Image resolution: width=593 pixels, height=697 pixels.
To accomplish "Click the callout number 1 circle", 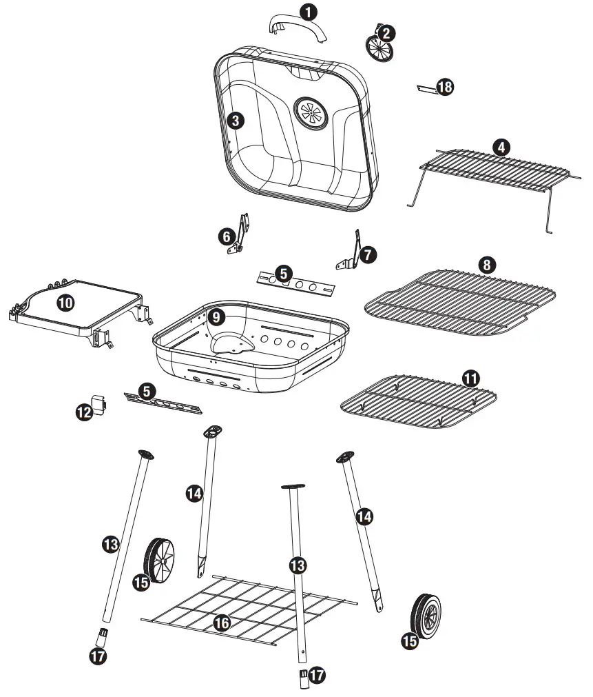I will click(311, 12).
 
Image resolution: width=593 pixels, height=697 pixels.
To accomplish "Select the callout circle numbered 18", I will click(446, 88).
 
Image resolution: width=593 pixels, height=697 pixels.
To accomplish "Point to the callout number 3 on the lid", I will click(236, 121).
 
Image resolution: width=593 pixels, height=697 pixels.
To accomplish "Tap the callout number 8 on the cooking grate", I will click(487, 264).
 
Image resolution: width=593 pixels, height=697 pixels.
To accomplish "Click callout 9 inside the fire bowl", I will click(216, 317).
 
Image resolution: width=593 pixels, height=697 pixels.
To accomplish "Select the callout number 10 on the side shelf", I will click(66, 302).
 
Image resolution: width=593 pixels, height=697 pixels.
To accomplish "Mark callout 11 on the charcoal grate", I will click(470, 378).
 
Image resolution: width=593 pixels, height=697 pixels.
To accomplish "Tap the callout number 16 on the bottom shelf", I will click(222, 623).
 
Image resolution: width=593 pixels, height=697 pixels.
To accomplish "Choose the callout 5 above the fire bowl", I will click(283, 273).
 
